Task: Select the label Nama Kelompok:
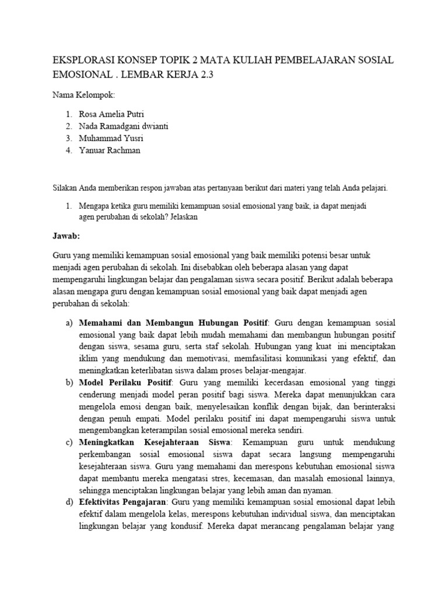pyautogui.click(x=83, y=95)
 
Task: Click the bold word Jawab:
pyautogui.click(x=66, y=237)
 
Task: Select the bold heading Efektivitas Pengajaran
pyautogui.click(x=123, y=502)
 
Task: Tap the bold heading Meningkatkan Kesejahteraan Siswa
pyautogui.click(x=155, y=443)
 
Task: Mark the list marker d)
pyautogui.click(x=69, y=502)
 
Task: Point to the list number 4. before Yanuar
pyautogui.click(x=69, y=150)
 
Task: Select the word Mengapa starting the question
pyautogui.click(x=95, y=206)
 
